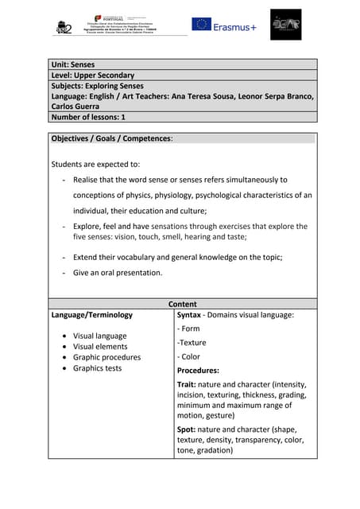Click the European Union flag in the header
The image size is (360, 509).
[x=201, y=25]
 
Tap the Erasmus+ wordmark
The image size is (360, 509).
[x=236, y=25]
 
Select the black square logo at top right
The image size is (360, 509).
[x=285, y=25]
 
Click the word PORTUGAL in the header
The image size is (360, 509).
[x=111, y=17]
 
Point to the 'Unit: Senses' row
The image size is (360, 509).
[x=73, y=64]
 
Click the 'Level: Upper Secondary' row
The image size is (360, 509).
[x=92, y=76]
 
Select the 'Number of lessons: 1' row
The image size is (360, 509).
[x=88, y=116]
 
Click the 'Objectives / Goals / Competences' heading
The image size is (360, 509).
[x=112, y=138]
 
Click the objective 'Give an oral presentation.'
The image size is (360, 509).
[x=118, y=272]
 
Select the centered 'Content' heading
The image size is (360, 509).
[x=183, y=304]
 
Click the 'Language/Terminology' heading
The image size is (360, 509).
[x=91, y=315]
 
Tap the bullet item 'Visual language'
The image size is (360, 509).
[x=99, y=336]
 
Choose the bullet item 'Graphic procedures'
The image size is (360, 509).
[x=106, y=357]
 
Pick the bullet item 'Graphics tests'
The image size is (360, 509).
[x=97, y=368]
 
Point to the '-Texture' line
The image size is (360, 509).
[x=192, y=343]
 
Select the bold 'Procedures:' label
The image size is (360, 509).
[x=198, y=371]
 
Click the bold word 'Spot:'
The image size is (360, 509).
[x=188, y=429]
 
